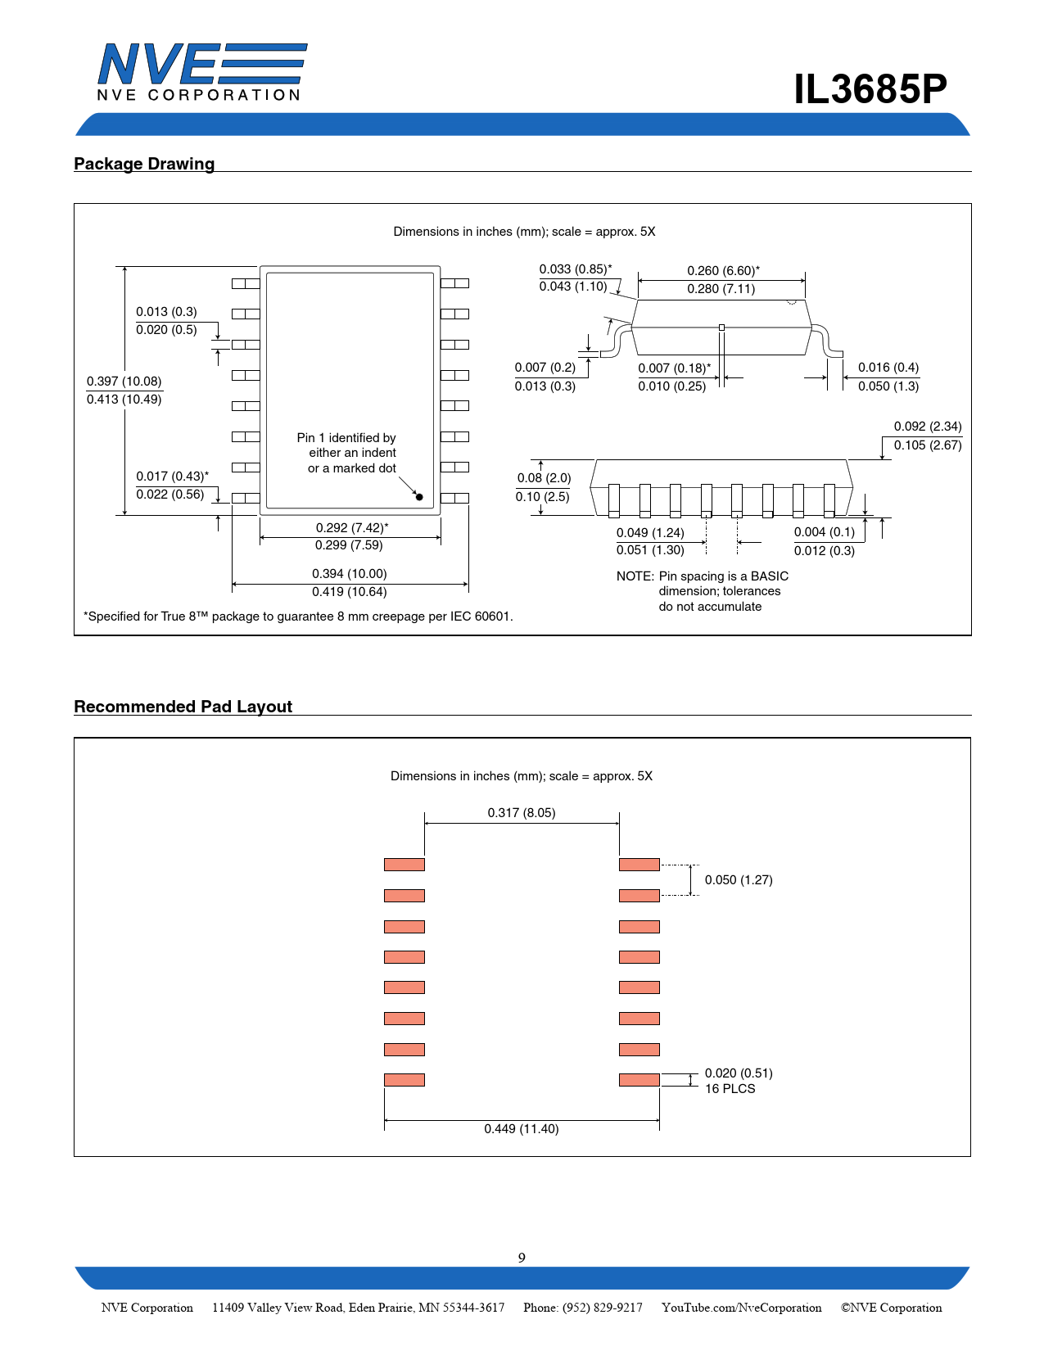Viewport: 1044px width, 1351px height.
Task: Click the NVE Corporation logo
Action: [201, 72]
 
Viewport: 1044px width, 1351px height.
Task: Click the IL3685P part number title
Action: [870, 89]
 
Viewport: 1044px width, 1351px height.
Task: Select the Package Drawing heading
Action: [144, 164]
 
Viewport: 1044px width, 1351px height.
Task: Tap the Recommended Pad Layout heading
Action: [183, 707]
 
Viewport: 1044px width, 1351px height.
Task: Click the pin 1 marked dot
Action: [419, 497]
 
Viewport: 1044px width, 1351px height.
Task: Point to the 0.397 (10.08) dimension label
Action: [124, 382]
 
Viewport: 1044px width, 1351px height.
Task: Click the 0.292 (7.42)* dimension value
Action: [352, 528]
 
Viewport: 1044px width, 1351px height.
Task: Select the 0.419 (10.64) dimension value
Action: [350, 592]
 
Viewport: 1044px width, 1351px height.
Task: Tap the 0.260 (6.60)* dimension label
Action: [723, 271]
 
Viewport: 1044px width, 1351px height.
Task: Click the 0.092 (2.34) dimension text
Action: [928, 427]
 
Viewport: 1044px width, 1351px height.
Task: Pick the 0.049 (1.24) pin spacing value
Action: [650, 533]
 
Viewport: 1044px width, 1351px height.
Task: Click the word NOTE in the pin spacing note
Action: [635, 576]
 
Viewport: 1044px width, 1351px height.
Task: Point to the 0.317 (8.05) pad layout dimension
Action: [522, 813]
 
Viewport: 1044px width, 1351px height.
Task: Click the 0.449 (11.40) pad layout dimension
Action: [522, 1129]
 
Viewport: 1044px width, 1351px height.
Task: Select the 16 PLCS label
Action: [730, 1089]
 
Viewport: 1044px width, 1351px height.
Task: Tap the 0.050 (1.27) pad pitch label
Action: [739, 880]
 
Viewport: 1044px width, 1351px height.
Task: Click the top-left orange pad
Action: [404, 865]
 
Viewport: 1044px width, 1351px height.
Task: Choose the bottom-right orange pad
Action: [640, 1080]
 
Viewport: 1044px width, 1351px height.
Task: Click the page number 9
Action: [522, 1258]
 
